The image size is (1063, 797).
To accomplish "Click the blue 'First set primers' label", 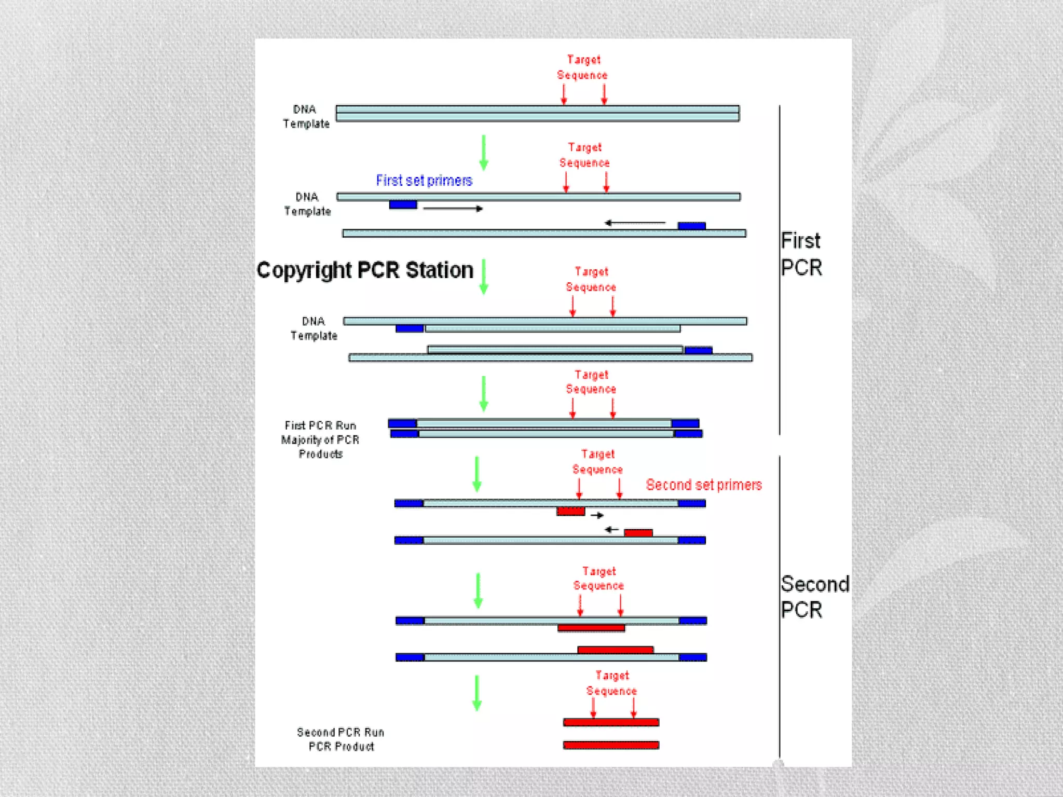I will pos(424,181).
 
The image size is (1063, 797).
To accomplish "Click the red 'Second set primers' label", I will pos(703,485).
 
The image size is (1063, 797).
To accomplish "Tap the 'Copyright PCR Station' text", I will pos(365,270).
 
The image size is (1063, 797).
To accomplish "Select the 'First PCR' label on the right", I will pos(801,254).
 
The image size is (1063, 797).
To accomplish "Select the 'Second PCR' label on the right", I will pos(814,597).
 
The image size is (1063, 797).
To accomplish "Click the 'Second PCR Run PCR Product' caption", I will pos(341,739).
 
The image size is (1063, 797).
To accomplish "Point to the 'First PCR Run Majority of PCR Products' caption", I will pos(320,439).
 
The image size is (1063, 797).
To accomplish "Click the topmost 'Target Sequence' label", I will pos(582,67).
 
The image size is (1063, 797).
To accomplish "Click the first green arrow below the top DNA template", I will pos(484,153).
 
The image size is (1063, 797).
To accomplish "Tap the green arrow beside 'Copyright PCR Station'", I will pos(484,277).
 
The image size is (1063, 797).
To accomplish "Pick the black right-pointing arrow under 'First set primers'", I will pos(453,209).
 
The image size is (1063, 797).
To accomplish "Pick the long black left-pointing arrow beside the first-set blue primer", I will pos(635,223).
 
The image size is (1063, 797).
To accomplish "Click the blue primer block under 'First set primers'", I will pos(403,205).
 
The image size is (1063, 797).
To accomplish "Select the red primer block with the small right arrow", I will pos(570,512).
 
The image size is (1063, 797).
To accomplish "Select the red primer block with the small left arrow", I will pos(638,533).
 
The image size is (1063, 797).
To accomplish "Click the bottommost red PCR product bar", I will pos(611,745).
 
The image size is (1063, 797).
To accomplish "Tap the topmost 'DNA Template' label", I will pos(306,116).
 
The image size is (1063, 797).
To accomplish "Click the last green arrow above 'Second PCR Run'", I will pos(477,693).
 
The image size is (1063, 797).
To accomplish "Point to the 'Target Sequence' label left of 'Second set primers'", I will pos(597,462).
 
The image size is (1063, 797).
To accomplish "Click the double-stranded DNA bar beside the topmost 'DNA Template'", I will pos(537,113).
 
